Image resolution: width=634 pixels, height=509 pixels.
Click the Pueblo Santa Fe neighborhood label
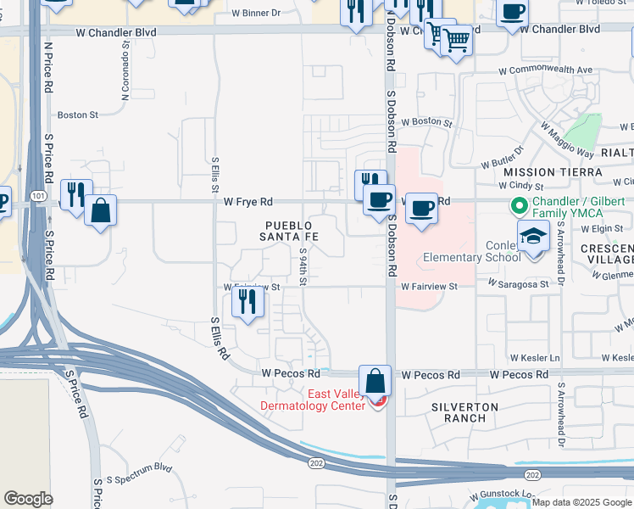[289, 231]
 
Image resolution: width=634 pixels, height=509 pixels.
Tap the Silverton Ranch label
[464, 413]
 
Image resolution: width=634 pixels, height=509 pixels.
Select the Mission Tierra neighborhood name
[553, 172]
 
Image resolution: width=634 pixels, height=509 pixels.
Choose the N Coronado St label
[124, 59]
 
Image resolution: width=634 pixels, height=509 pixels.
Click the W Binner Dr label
[258, 14]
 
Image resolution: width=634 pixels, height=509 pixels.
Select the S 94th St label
[303, 265]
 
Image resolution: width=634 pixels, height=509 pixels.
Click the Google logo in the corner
[28, 499]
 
